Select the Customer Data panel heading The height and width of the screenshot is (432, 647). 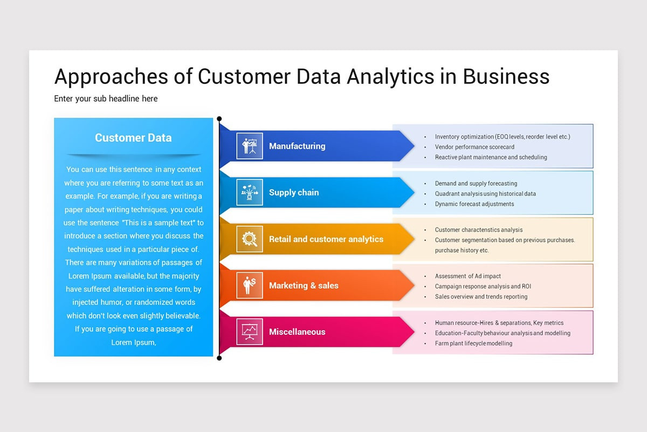point(133,138)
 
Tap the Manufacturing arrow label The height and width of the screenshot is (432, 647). point(297,146)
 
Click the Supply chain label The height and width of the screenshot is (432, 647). point(294,192)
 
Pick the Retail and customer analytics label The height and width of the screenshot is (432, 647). point(326,239)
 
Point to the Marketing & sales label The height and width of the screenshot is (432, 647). point(304,285)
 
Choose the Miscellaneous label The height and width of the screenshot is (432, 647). point(297,332)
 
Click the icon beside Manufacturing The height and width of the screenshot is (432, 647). point(250,146)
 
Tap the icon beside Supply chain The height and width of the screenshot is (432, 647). point(250,192)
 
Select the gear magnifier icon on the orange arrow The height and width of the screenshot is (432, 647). point(250,239)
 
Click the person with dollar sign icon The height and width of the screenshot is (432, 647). point(250,285)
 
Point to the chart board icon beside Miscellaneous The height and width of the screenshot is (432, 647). point(250,332)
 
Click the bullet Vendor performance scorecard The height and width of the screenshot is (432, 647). point(474,147)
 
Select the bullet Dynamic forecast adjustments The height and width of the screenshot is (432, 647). point(474,204)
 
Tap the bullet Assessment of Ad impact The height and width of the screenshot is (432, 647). point(468,276)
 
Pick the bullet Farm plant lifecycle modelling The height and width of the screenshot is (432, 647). point(473,343)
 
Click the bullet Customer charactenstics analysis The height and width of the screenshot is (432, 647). point(478,230)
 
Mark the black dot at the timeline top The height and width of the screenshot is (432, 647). point(219,119)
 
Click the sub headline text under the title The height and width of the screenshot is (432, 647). point(106,99)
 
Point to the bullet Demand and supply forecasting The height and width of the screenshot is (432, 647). point(476,184)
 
